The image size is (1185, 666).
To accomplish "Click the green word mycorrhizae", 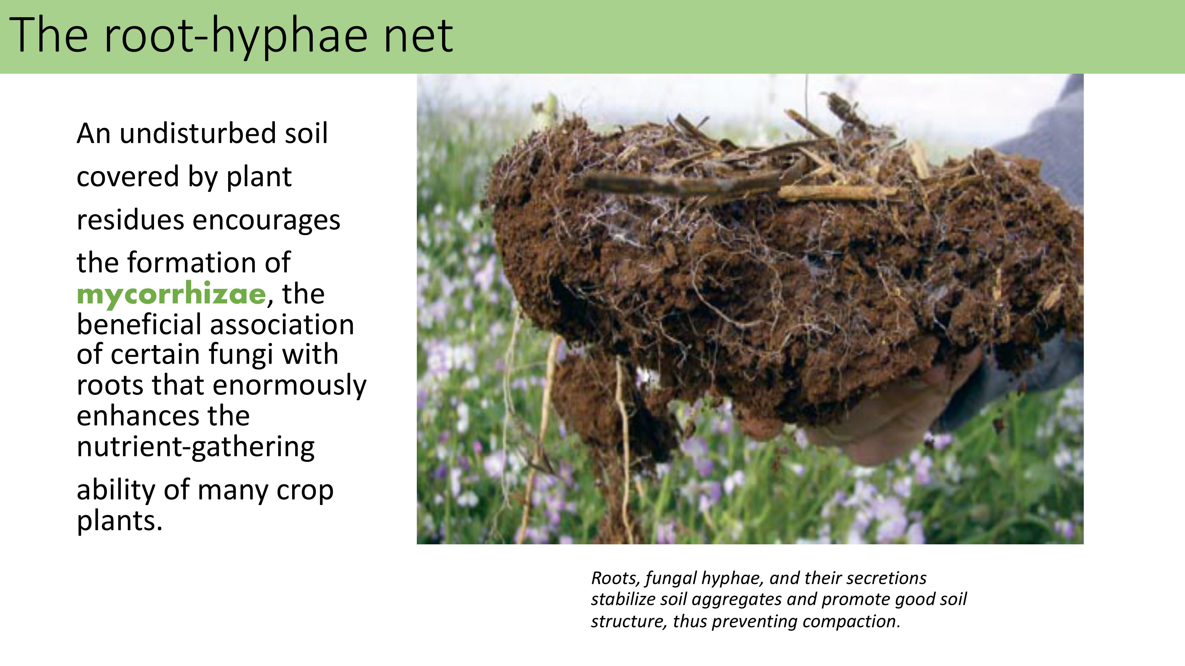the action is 171,295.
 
